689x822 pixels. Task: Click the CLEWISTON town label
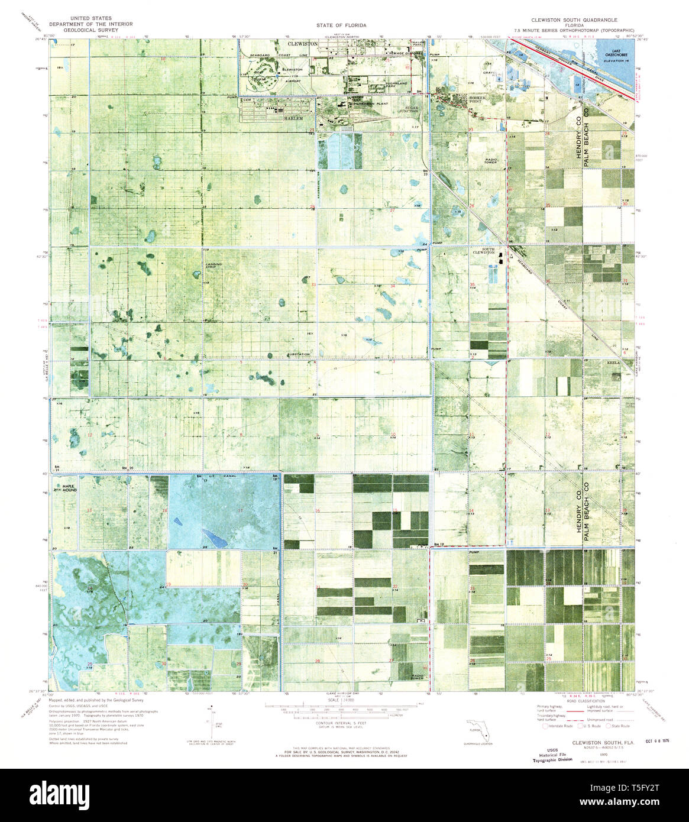click(303, 44)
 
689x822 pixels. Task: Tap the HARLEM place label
click(292, 118)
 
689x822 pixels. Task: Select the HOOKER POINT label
click(477, 99)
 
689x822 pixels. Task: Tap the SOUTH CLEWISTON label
click(483, 251)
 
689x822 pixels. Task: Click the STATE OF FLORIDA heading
click(341, 25)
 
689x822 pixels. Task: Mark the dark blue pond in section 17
click(215, 538)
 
